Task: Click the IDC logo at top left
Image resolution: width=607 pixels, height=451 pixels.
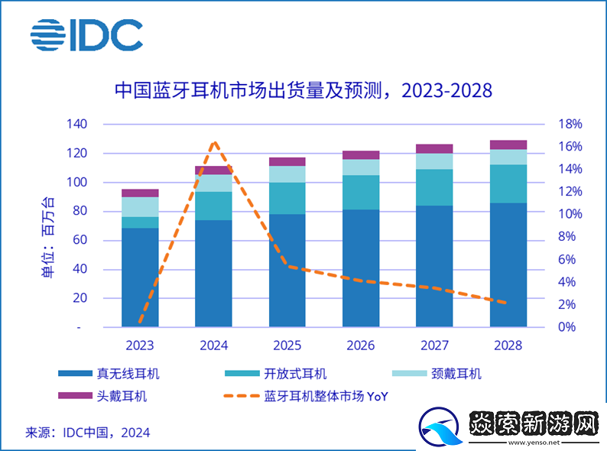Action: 86,35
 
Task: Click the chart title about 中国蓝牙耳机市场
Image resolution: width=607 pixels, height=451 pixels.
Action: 303,90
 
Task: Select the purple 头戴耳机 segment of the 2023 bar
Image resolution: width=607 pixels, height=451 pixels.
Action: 140,193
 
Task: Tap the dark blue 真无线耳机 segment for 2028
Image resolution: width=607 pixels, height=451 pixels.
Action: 508,264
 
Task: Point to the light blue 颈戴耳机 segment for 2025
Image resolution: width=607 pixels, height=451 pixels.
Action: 287,174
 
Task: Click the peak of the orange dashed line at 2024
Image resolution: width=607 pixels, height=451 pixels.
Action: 214,142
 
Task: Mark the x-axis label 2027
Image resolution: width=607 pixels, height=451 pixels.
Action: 435,345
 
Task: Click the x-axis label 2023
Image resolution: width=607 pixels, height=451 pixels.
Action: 140,345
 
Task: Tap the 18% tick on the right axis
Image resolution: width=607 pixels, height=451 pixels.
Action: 570,124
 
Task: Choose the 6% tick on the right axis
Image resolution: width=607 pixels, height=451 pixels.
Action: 566,259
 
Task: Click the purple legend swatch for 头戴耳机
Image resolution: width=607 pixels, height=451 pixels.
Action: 73,396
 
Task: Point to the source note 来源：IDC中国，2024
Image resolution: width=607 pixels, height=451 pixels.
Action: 88,433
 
